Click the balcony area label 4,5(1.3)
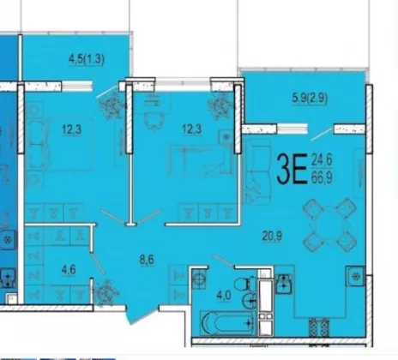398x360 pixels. pos(87,59)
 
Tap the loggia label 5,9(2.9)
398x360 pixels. pos(310,98)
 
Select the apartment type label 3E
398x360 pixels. pos(292,169)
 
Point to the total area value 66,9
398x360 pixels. pos(322,177)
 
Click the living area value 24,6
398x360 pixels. pos(322,159)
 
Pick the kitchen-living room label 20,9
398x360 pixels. pos(272,236)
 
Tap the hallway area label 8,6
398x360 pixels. pos(147,260)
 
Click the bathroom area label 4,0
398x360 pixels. pos(224,295)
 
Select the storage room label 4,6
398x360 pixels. pos(69,269)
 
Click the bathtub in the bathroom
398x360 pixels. pos(227,323)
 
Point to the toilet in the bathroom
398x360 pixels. pos(245,284)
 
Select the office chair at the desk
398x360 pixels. pos(154,120)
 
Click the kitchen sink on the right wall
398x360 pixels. pos(355,276)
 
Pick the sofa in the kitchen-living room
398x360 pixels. pos(256,171)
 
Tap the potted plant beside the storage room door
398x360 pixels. pos(106,292)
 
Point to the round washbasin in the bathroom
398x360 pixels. pos(250,301)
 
